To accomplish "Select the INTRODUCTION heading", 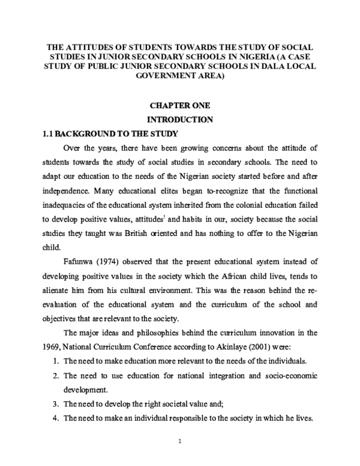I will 181,119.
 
